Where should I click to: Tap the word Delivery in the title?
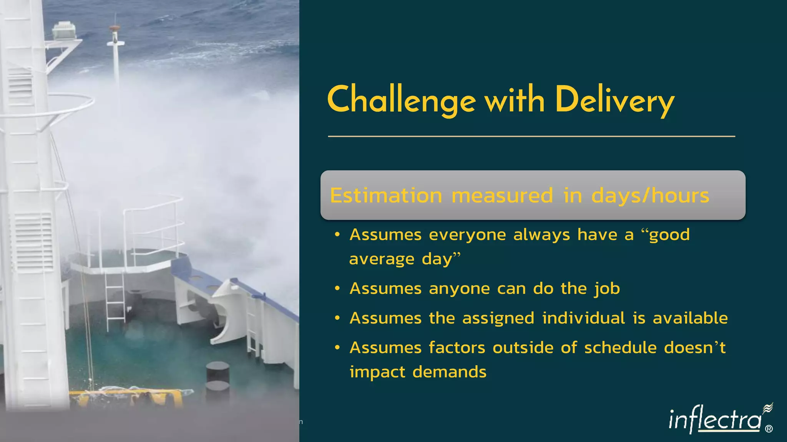click(614, 101)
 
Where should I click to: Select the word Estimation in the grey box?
click(386, 195)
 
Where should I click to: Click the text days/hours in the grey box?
click(650, 195)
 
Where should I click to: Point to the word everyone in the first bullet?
click(467, 235)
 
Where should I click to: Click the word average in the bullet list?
click(382, 259)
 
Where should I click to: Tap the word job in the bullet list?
click(607, 289)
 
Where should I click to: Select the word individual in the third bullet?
click(584, 318)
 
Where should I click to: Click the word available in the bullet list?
click(690, 318)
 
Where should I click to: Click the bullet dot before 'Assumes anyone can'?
click(337, 289)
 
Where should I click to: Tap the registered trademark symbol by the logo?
click(769, 429)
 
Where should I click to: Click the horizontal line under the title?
click(531, 136)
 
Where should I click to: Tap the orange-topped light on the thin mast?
click(115, 28)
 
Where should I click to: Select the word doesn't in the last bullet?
click(695, 348)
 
